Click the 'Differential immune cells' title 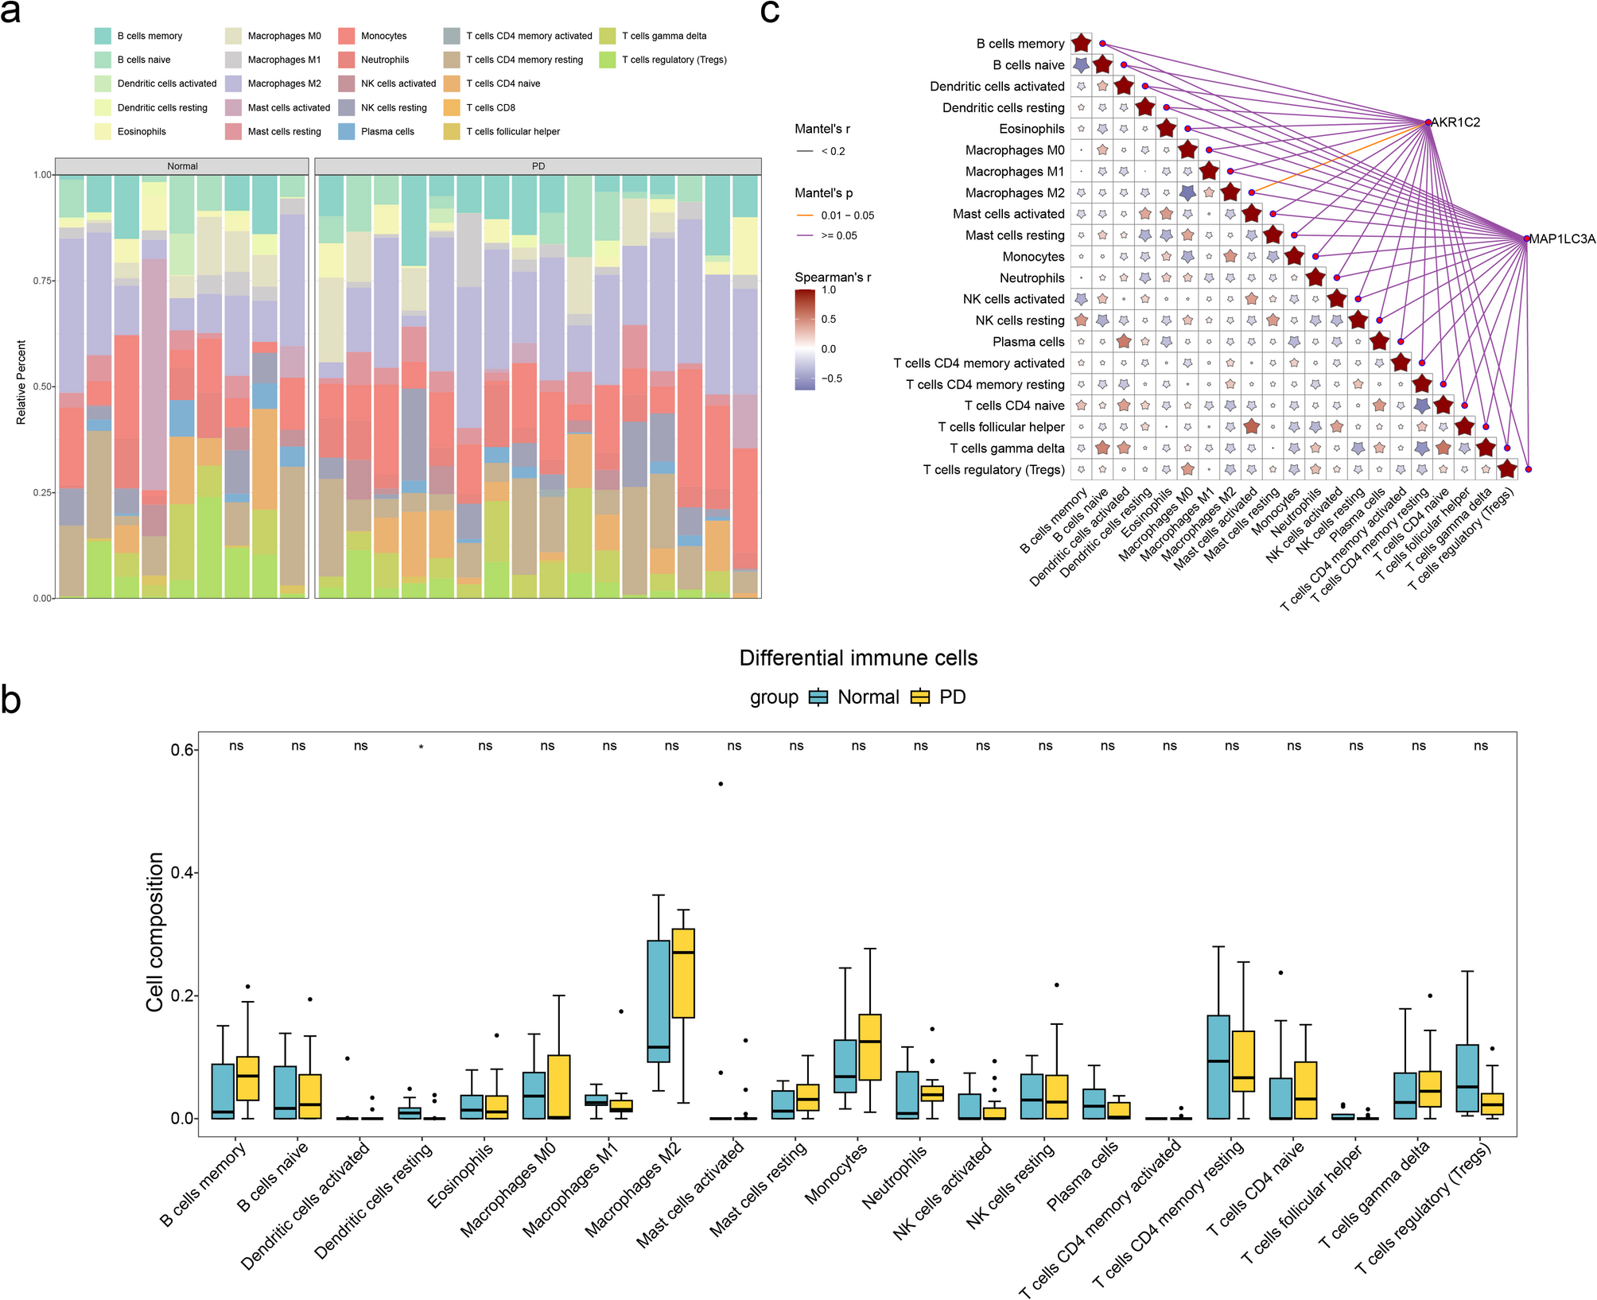pyautogui.click(x=858, y=658)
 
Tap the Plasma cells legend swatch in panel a pyautogui.click(x=347, y=131)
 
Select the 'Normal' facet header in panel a pyautogui.click(x=182, y=166)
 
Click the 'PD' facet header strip pyautogui.click(x=538, y=166)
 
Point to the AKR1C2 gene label pyautogui.click(x=1455, y=122)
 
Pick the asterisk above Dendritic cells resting pyautogui.click(x=422, y=747)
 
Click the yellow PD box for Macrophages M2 pyautogui.click(x=683, y=973)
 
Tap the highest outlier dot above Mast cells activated pyautogui.click(x=721, y=784)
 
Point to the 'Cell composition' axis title pyautogui.click(x=155, y=932)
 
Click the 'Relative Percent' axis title pyautogui.click(x=21, y=382)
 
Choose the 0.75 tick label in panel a pyautogui.click(x=42, y=281)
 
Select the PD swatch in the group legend pyautogui.click(x=920, y=697)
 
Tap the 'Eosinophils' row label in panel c pyautogui.click(x=1032, y=129)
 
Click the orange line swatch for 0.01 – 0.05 pyautogui.click(x=805, y=215)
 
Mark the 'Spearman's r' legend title pyautogui.click(x=833, y=277)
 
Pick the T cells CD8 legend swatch pyautogui.click(x=452, y=107)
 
